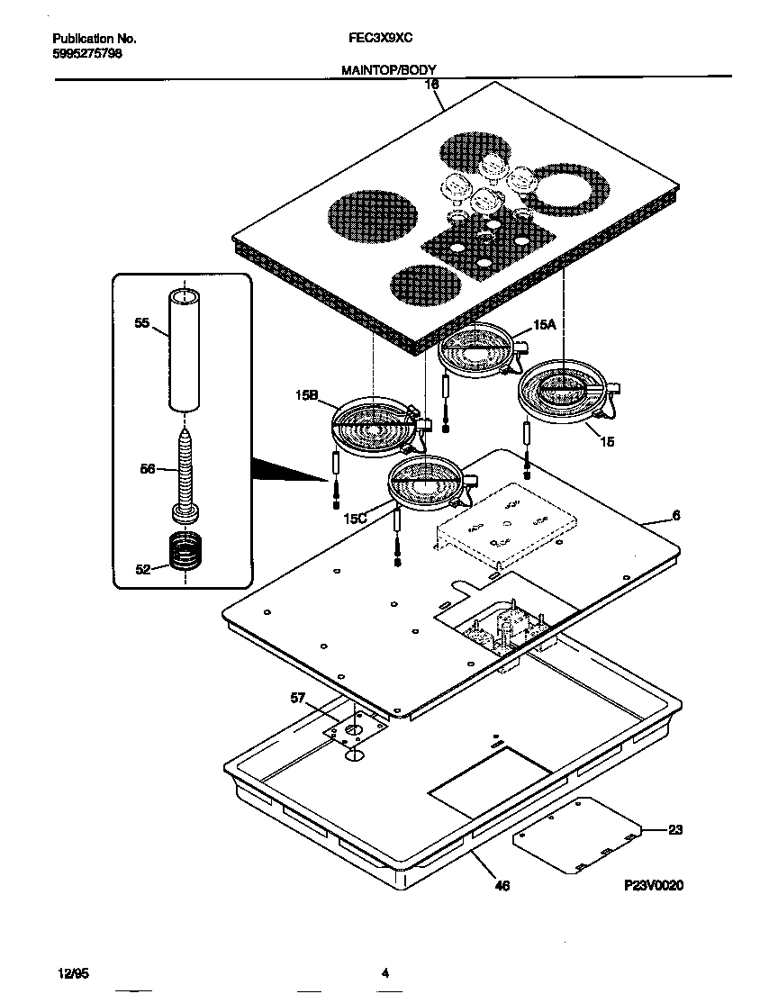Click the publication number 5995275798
pyautogui.click(x=87, y=53)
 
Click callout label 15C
pyautogui.click(x=355, y=520)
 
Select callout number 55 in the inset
pyautogui.click(x=142, y=324)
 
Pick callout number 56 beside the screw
pyautogui.click(x=148, y=468)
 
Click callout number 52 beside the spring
pyautogui.click(x=143, y=568)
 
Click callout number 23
pyautogui.click(x=674, y=829)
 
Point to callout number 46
pyautogui.click(x=502, y=886)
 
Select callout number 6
pyautogui.click(x=675, y=516)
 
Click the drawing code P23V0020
pyautogui.click(x=655, y=886)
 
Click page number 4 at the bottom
pyautogui.click(x=384, y=972)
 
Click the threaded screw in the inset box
pyautogui.click(x=186, y=468)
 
